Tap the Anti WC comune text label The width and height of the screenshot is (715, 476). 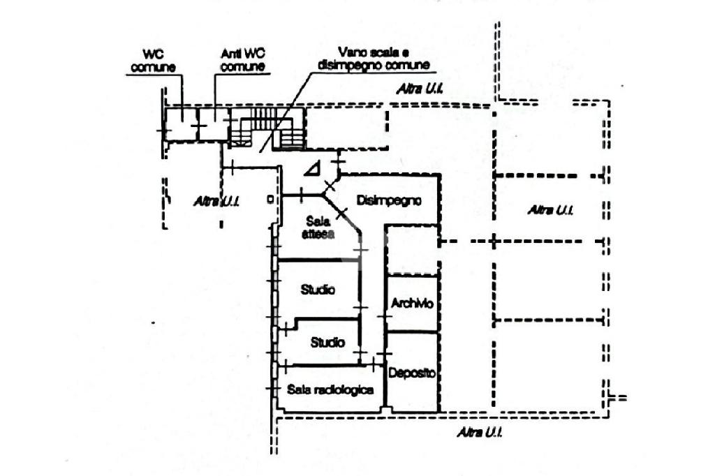click(x=242, y=60)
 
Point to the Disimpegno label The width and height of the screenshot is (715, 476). click(x=389, y=200)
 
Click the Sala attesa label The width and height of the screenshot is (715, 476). click(x=318, y=229)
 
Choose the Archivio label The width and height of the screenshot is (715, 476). click(x=412, y=304)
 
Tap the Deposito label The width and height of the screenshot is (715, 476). click(x=412, y=373)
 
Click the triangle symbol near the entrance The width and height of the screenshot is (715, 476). click(x=314, y=168)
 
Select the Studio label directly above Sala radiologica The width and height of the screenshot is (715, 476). click(x=327, y=343)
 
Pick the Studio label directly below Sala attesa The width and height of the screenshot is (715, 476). click(x=318, y=289)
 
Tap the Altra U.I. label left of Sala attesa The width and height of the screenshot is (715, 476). click(x=217, y=201)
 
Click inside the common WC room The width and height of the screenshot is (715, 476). click(x=180, y=126)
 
